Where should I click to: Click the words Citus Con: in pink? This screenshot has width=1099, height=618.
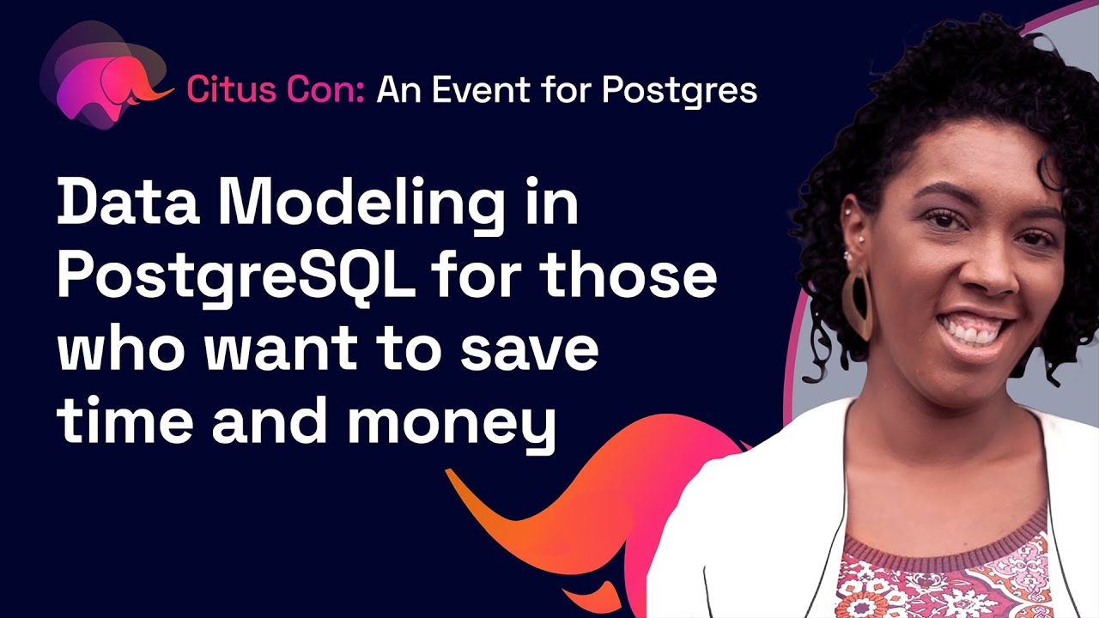click(x=276, y=89)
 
